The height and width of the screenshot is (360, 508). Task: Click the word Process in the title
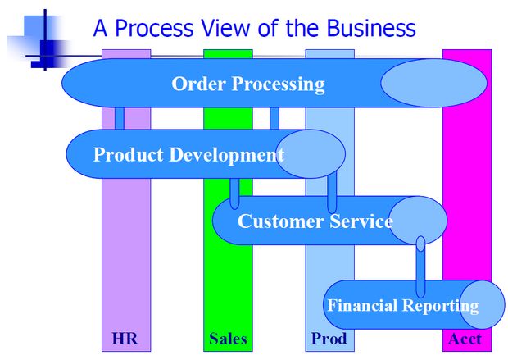[x=154, y=28]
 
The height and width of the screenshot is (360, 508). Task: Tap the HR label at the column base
[x=125, y=339]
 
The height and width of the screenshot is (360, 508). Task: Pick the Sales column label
[x=228, y=339]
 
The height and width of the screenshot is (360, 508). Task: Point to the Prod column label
[x=329, y=339]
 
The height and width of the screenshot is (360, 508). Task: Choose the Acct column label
[x=465, y=339]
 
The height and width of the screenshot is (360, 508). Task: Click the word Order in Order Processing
[x=198, y=84]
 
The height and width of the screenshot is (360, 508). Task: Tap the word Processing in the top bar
[x=278, y=84]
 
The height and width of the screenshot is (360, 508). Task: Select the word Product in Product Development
[x=129, y=154]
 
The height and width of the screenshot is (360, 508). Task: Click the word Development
[x=227, y=155]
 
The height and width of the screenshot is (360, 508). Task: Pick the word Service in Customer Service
[x=361, y=221]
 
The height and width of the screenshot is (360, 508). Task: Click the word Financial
[x=363, y=305]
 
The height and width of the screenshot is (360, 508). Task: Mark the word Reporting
[x=442, y=306]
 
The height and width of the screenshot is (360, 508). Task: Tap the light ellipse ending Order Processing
[x=433, y=83]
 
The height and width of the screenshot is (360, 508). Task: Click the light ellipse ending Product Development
[x=311, y=154]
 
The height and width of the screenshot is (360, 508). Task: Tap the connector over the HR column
[x=120, y=118]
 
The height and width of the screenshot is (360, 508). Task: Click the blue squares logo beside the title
[x=40, y=40]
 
